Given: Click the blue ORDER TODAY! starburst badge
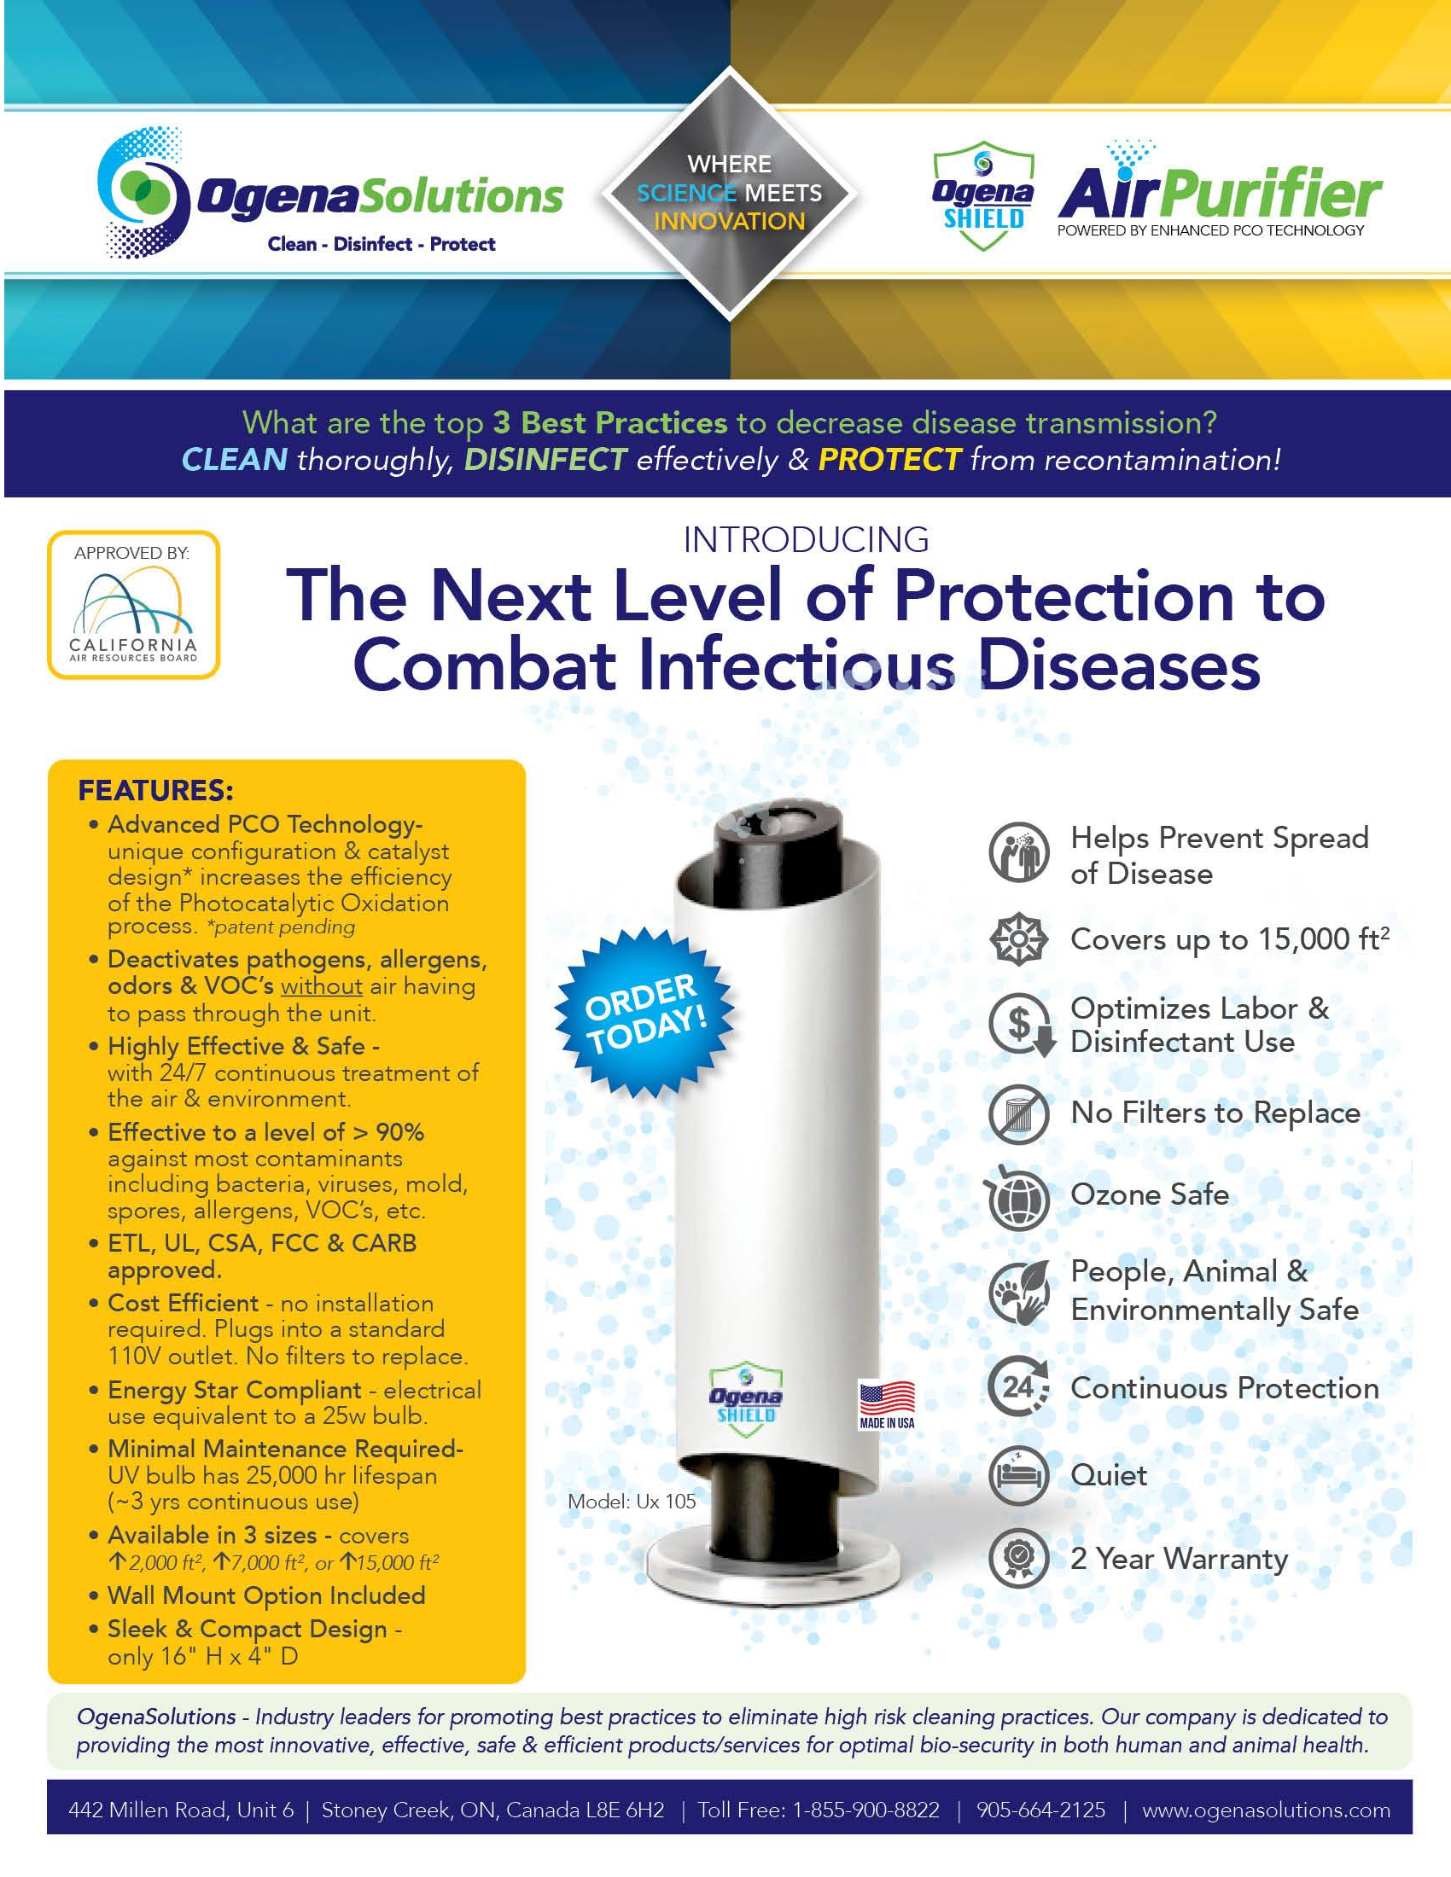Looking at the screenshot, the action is point(644,1015).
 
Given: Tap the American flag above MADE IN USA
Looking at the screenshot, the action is point(887,1398).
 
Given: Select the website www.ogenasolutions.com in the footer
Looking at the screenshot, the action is point(1265,1810).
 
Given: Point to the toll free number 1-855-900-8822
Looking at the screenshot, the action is point(865,1810).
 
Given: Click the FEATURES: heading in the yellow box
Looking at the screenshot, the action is point(155,790).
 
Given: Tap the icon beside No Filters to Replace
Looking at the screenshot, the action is point(1018,1115).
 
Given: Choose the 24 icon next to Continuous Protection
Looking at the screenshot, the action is point(1018,1386).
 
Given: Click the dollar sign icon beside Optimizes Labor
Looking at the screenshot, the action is point(1021,1025).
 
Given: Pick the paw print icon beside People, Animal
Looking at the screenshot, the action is point(1019,1291).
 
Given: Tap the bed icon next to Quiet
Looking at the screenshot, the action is point(1018,1475).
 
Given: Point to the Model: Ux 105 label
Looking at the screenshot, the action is point(632,1502).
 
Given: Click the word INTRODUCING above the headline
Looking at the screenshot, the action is point(807,540).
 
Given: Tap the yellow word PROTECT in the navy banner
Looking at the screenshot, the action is point(889,460).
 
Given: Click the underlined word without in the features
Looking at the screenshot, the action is point(322,985).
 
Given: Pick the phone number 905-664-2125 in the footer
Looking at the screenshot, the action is point(1041,1810).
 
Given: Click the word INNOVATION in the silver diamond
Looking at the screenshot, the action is point(729,222).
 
